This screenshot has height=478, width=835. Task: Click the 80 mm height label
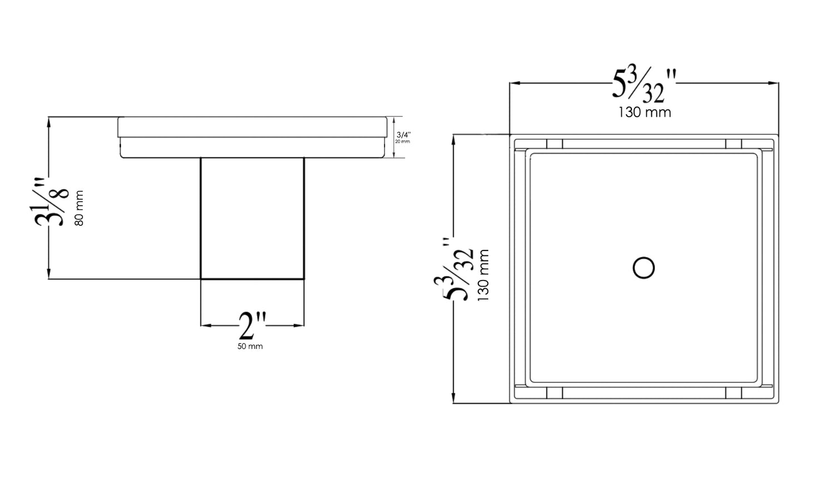coord(79,208)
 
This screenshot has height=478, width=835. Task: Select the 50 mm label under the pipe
coord(250,346)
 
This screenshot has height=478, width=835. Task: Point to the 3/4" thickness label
coord(403,135)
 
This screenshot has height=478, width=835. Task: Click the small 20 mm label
coord(402,141)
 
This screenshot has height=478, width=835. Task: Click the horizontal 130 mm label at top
coord(644,112)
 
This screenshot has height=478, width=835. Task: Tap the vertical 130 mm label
coord(483,275)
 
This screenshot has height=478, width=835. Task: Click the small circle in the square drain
coord(644,268)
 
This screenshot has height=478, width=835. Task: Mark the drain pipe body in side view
coord(252,218)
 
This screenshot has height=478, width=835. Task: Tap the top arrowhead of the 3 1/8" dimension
coord(50,121)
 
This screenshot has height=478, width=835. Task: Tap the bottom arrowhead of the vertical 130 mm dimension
coord(455,399)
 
